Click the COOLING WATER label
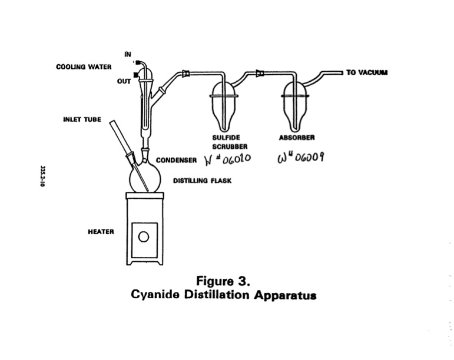coord(84,66)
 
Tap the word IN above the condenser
coord(128,54)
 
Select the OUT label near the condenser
coord(124,81)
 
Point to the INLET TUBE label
coord(82,119)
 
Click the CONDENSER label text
coord(175,159)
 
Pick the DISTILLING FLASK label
coord(202,181)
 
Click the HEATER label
coord(101,231)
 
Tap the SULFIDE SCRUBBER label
coord(226,142)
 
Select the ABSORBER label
coord(296,138)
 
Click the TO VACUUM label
coord(367,72)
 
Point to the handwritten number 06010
coord(227,159)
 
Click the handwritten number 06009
coord(301,158)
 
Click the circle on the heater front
coord(143,237)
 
